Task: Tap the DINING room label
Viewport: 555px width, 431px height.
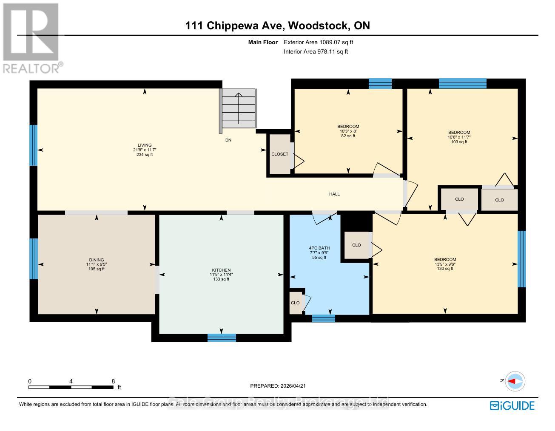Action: tap(96, 260)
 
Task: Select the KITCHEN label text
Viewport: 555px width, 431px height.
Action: tap(221, 270)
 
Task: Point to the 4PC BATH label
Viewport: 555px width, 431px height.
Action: tap(319, 248)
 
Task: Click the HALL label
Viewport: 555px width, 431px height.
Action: tap(334, 194)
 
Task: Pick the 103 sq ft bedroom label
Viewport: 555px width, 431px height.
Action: tap(459, 142)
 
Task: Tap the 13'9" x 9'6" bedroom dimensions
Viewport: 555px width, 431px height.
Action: tap(445, 264)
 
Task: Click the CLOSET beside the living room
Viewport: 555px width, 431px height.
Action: tap(280, 154)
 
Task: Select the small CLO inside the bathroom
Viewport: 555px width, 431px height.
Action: tap(295, 303)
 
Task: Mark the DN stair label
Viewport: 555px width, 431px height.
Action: tap(228, 140)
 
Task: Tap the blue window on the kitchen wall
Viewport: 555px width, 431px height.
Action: tap(222, 338)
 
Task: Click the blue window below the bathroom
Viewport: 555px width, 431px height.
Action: tap(323, 318)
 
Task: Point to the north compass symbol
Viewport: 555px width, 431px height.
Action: tap(515, 381)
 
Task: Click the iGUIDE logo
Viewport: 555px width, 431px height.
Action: tap(512, 405)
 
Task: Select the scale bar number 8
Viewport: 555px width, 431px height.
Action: tap(113, 382)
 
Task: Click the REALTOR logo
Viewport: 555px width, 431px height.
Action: tap(31, 38)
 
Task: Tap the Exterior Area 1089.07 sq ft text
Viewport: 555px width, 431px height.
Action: tap(318, 43)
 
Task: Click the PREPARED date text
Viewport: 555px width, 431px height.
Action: tap(278, 386)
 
